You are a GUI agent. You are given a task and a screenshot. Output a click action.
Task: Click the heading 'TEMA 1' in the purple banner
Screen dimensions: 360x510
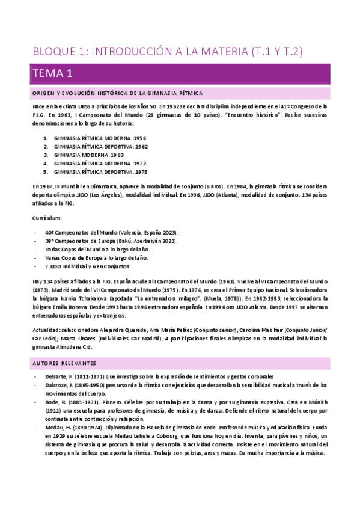click(x=52, y=74)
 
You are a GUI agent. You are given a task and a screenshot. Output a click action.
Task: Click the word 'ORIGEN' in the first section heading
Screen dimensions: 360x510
click(x=43, y=93)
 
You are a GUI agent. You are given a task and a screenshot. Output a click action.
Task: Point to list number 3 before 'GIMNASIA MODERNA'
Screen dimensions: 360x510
click(x=45, y=154)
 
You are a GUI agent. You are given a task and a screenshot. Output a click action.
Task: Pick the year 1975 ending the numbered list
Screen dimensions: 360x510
click(x=141, y=171)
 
